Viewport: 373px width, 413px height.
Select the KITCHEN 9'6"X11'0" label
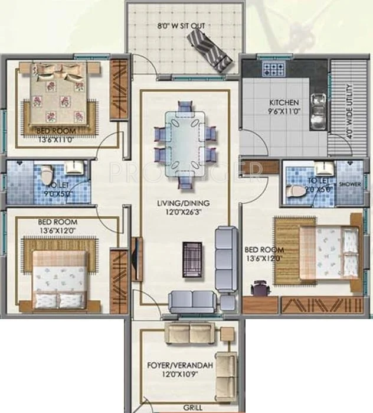coord(284,106)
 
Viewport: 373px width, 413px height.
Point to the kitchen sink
coord(318,107)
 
